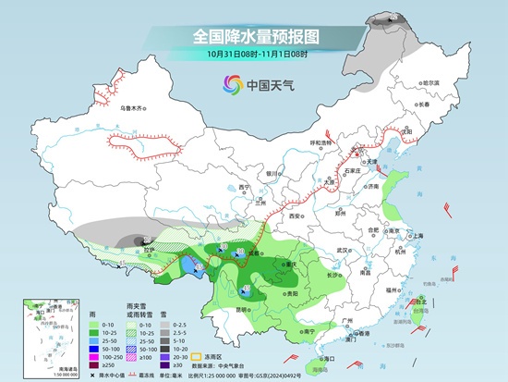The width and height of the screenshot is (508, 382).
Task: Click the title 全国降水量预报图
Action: point(255,36)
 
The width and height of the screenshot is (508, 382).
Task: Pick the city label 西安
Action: point(296,215)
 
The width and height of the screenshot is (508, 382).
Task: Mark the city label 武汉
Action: point(345,250)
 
